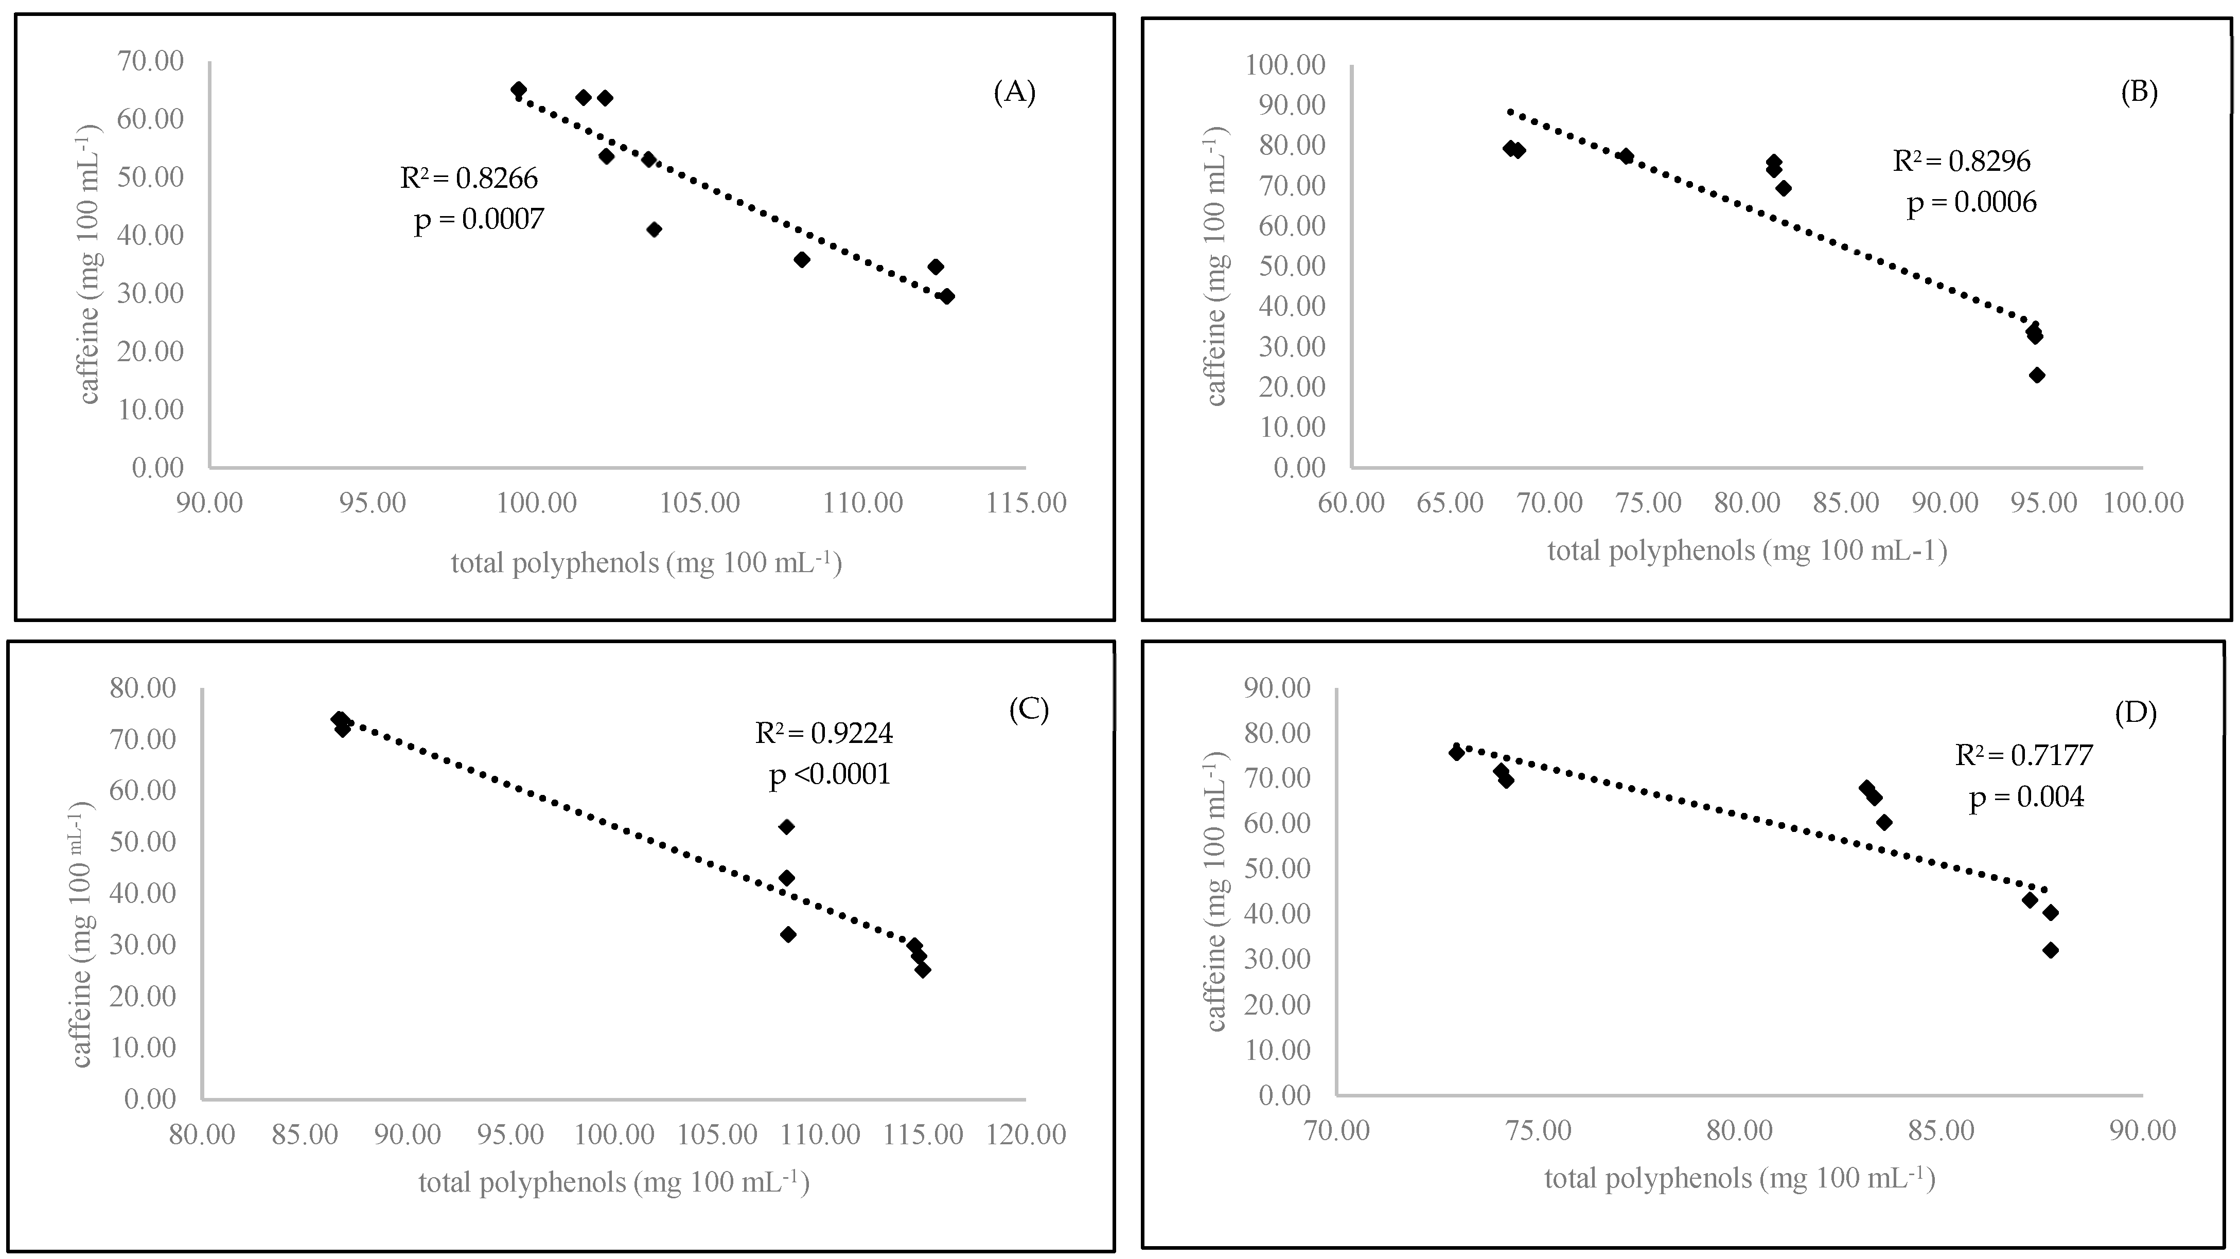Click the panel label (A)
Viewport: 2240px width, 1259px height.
pos(1014,92)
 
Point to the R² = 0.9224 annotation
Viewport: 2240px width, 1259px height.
pos(823,733)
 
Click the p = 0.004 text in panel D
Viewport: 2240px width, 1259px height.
pos(2026,796)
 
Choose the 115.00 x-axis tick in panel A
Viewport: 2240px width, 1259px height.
pos(1026,503)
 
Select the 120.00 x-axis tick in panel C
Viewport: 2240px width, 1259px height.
pos(1026,1134)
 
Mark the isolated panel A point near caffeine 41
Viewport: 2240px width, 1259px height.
pos(654,229)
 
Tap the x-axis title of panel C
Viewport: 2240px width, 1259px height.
pos(614,1182)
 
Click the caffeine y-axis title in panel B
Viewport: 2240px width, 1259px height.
pos(1215,266)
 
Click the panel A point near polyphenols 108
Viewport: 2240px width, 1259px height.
pos(802,260)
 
